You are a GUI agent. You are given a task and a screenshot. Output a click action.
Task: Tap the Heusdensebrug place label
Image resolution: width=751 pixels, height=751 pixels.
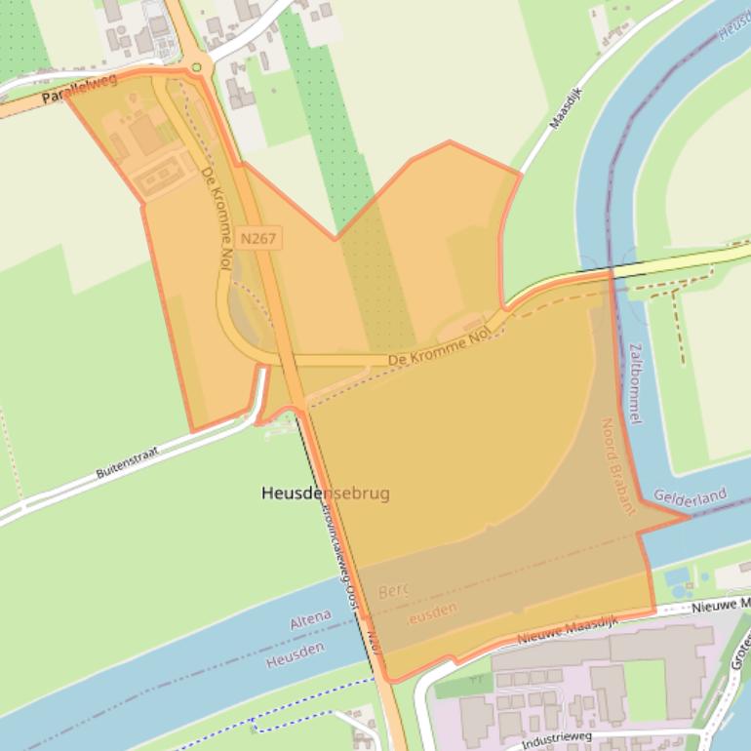point(326,494)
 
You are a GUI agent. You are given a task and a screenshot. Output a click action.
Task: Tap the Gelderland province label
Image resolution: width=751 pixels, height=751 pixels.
point(691,497)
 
